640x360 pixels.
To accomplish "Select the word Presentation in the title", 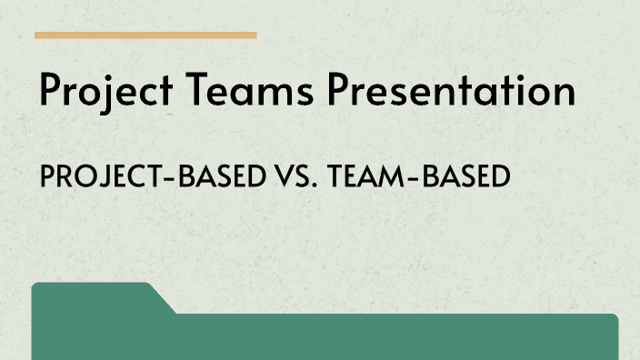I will click(x=452, y=92).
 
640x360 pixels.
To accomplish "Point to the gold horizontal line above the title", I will click(x=145, y=35).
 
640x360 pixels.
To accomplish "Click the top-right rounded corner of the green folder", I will click(x=614, y=318).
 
